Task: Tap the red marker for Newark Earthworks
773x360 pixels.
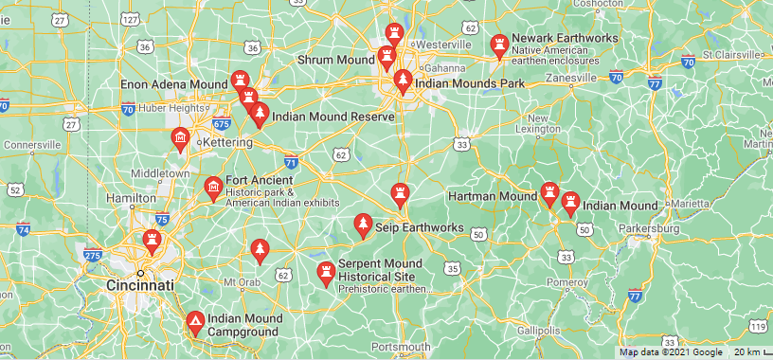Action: coord(498,45)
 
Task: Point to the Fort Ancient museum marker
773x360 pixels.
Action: coord(213,187)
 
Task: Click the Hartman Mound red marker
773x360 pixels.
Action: coord(548,194)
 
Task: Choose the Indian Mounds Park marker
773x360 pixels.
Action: coord(404,82)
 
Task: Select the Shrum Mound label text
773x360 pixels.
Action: coord(336,60)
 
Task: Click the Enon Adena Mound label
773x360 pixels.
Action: coord(174,85)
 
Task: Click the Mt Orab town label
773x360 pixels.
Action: coord(241,281)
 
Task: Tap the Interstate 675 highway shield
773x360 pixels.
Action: coord(222,123)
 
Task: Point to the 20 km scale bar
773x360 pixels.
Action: coord(748,352)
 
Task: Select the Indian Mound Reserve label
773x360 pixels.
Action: coord(333,117)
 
